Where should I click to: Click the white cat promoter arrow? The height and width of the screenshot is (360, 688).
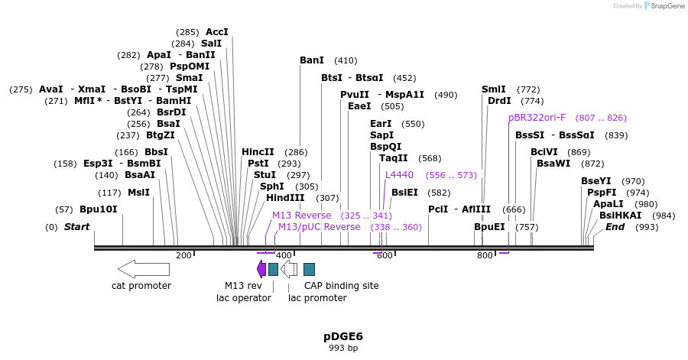pyautogui.click(x=143, y=268)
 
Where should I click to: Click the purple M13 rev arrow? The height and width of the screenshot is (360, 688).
pyautogui.click(x=261, y=268)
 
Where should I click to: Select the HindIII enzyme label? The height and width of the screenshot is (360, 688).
pyautogui.click(x=285, y=198)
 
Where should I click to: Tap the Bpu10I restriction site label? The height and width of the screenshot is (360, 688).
pyautogui.click(x=99, y=209)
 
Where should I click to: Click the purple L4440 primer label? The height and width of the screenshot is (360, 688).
pyautogui.click(x=399, y=175)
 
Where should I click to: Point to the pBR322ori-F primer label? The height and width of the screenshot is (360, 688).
pyautogui.click(x=537, y=118)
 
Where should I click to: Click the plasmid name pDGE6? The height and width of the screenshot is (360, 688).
pyautogui.click(x=343, y=336)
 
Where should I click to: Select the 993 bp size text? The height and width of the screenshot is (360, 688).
pyautogui.click(x=343, y=349)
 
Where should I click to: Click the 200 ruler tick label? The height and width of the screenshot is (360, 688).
pyautogui.click(x=183, y=255)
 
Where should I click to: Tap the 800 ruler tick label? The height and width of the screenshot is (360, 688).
pyautogui.click(x=485, y=255)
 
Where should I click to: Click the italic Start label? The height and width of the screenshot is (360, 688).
pyautogui.click(x=76, y=227)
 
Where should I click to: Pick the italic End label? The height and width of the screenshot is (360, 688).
pyautogui.click(x=615, y=227)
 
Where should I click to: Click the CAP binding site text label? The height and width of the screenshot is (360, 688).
pyautogui.click(x=341, y=286)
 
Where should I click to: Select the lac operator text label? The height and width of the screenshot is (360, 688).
pyautogui.click(x=244, y=298)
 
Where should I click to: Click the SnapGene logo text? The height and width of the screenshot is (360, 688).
pyautogui.click(x=666, y=6)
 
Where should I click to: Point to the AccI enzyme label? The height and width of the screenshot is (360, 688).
pyautogui.click(x=217, y=32)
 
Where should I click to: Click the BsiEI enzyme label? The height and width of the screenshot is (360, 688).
pyautogui.click(x=404, y=193)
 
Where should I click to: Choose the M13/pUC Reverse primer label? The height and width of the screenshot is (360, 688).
pyautogui.click(x=319, y=227)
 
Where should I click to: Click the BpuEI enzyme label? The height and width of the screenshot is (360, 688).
pyautogui.click(x=489, y=227)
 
